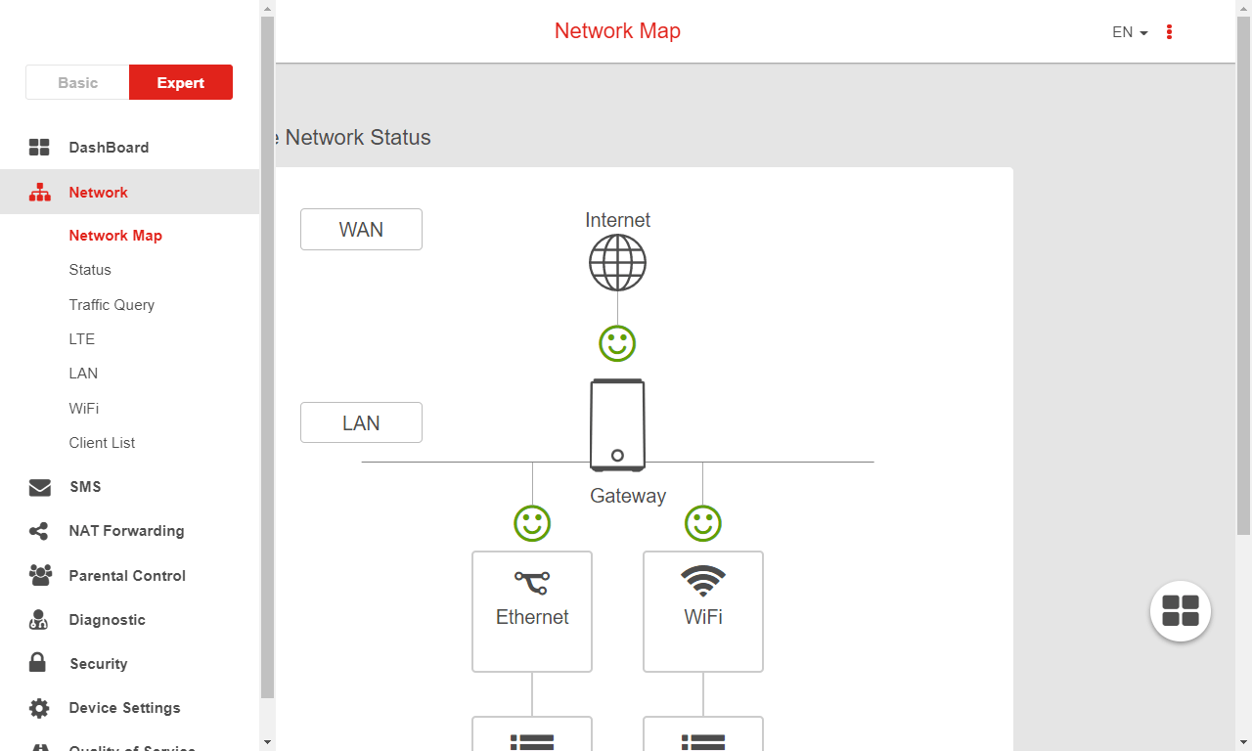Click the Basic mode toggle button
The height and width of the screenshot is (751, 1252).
point(77,83)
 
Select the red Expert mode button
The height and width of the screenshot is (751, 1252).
point(181,83)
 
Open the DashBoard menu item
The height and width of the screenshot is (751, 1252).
point(109,148)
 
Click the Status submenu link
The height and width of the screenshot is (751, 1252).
point(90,270)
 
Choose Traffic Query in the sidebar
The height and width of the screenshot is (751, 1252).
point(112,305)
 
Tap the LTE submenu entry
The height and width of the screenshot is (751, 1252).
point(82,339)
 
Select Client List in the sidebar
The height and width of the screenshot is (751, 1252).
point(102,443)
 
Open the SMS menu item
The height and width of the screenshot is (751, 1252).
point(85,487)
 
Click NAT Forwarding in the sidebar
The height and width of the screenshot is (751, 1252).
point(126,531)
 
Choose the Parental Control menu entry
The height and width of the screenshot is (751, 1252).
point(127,576)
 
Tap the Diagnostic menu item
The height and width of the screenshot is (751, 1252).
point(107,620)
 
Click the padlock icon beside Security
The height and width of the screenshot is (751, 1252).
point(38,663)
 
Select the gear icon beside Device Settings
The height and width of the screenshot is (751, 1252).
point(39,708)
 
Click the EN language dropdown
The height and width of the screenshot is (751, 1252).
point(1129,32)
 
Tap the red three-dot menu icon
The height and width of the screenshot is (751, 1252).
point(1169,32)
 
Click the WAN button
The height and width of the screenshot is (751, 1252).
point(361,230)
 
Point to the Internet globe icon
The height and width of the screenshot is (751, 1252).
point(617,262)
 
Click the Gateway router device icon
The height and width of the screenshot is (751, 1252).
point(617,425)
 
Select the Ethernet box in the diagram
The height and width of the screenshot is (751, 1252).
point(532,611)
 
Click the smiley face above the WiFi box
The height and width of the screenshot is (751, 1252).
point(702,523)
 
